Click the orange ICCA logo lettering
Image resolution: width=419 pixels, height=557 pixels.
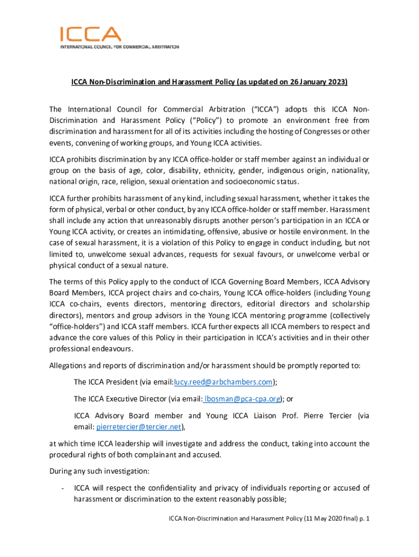pyautogui.click(x=90, y=34)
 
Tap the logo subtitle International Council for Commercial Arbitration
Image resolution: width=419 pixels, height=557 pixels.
pyautogui.click(x=119, y=47)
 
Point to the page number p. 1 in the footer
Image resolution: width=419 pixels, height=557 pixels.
pyautogui.click(x=363, y=519)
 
